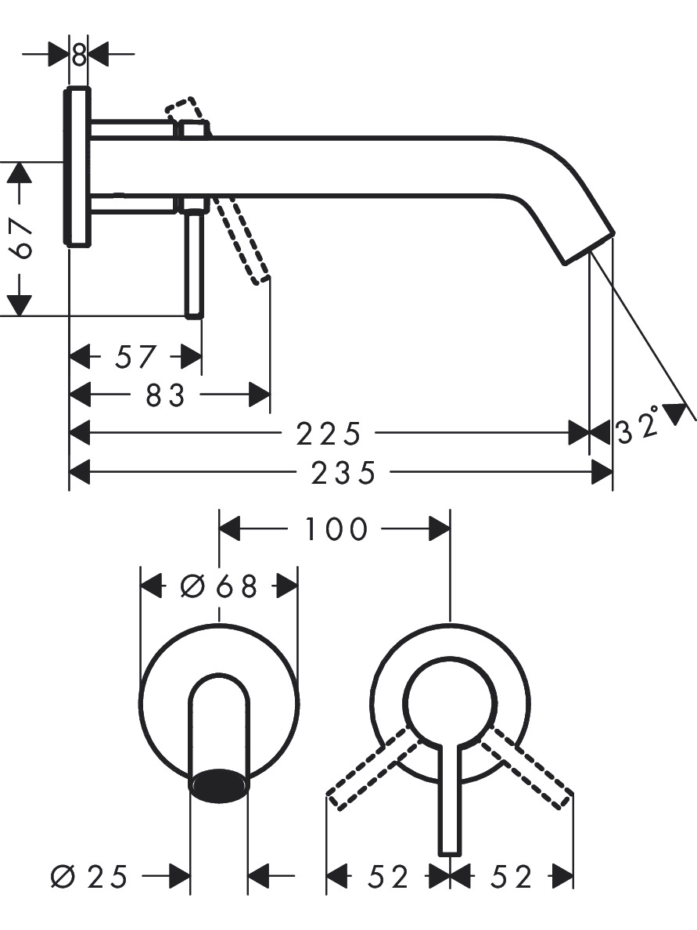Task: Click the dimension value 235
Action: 343,474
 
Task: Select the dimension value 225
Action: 329,434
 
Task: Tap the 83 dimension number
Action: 165,395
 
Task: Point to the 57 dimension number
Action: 135,356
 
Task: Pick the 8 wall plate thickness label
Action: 78,55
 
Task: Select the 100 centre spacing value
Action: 336,528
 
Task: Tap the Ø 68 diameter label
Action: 219,586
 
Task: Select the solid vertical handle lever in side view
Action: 195,261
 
